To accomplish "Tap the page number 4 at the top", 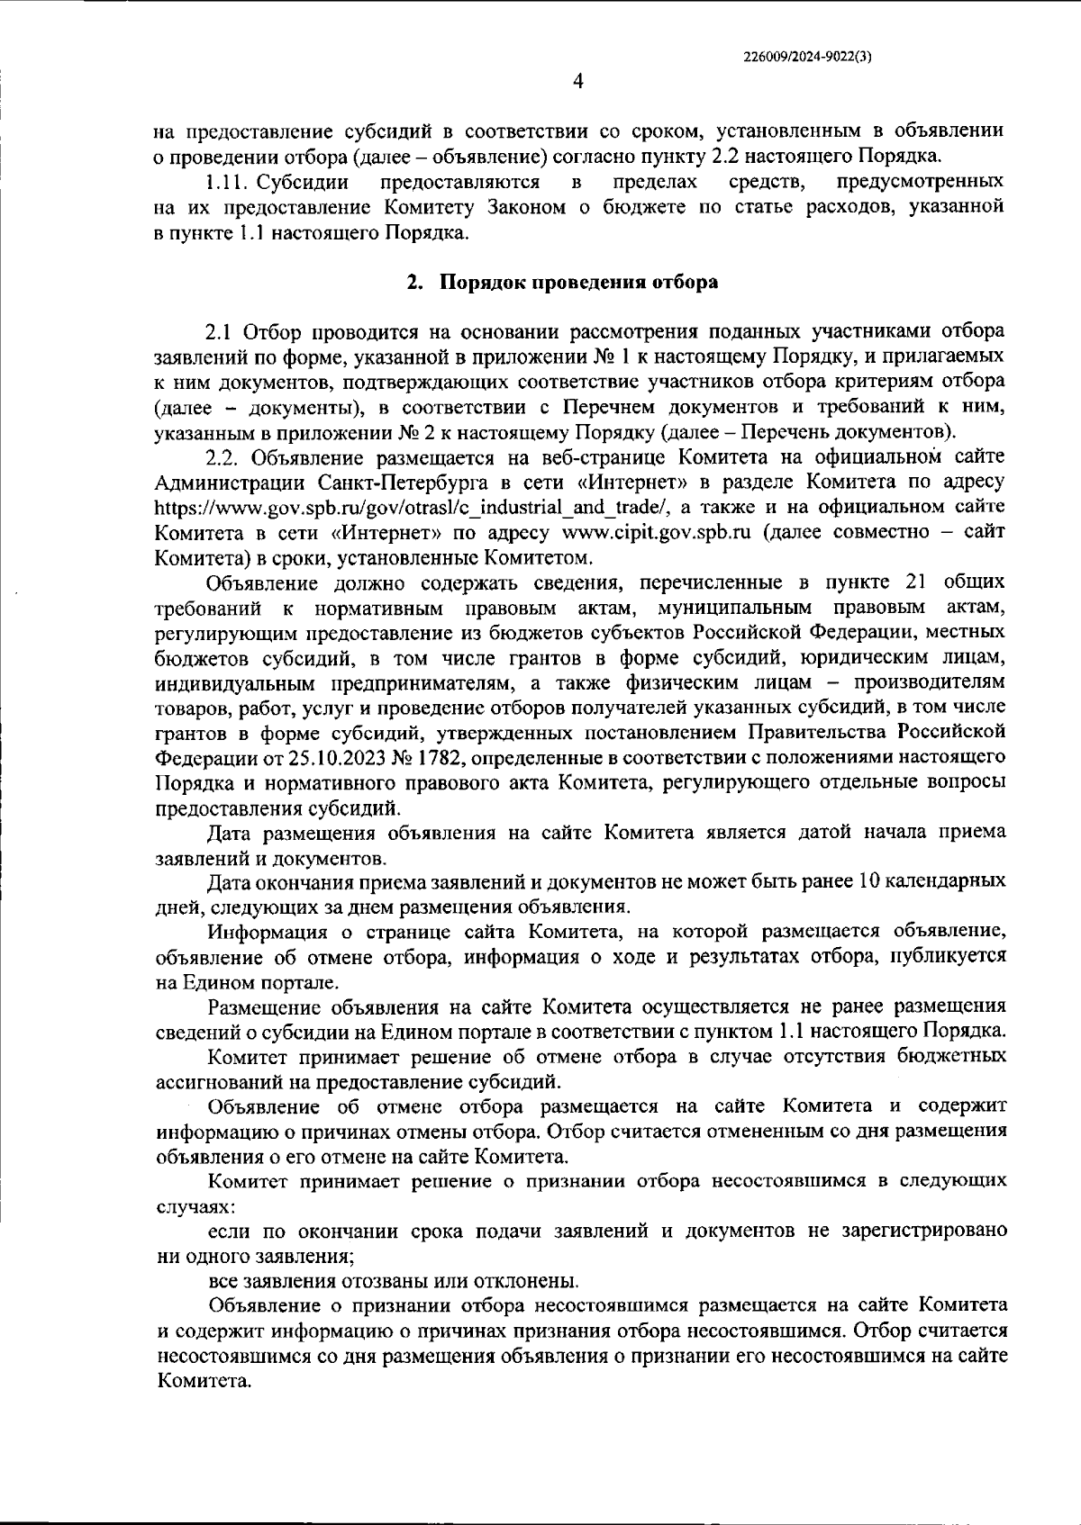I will click(578, 82).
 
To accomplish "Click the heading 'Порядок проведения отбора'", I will click(578, 283).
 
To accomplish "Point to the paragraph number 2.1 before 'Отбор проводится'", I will click(221, 332).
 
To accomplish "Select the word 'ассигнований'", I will click(213, 1080).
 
